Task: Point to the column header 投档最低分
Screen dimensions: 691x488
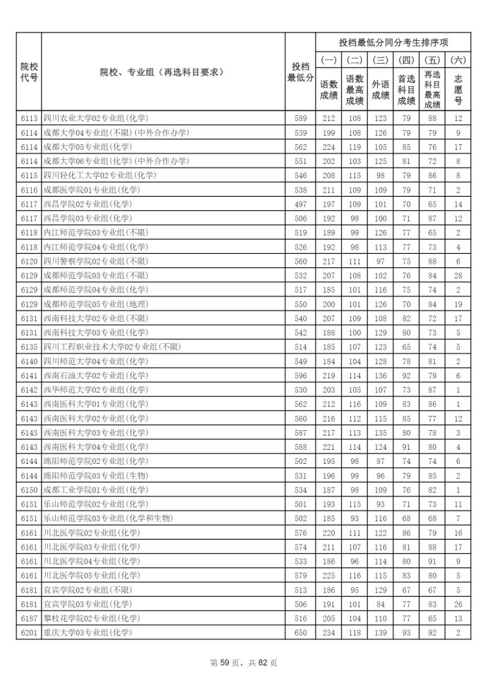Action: pyautogui.click(x=300, y=71)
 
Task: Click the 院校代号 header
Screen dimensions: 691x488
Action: pyautogui.click(x=29, y=71)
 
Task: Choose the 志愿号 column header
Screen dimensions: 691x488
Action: pyautogui.click(x=458, y=86)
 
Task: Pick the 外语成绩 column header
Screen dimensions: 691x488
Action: pyautogui.click(x=381, y=86)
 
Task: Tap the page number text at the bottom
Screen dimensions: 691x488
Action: pyautogui.click(x=244, y=662)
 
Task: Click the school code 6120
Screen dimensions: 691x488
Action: pyautogui.click(x=29, y=260)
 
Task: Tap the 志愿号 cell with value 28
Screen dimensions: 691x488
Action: pyautogui.click(x=458, y=274)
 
